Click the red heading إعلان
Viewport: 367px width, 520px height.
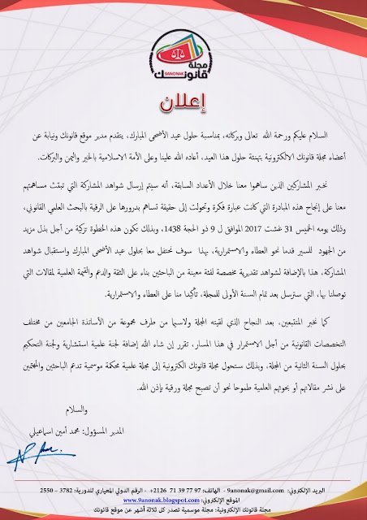(183, 105)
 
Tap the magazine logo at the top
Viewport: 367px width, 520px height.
(183, 49)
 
